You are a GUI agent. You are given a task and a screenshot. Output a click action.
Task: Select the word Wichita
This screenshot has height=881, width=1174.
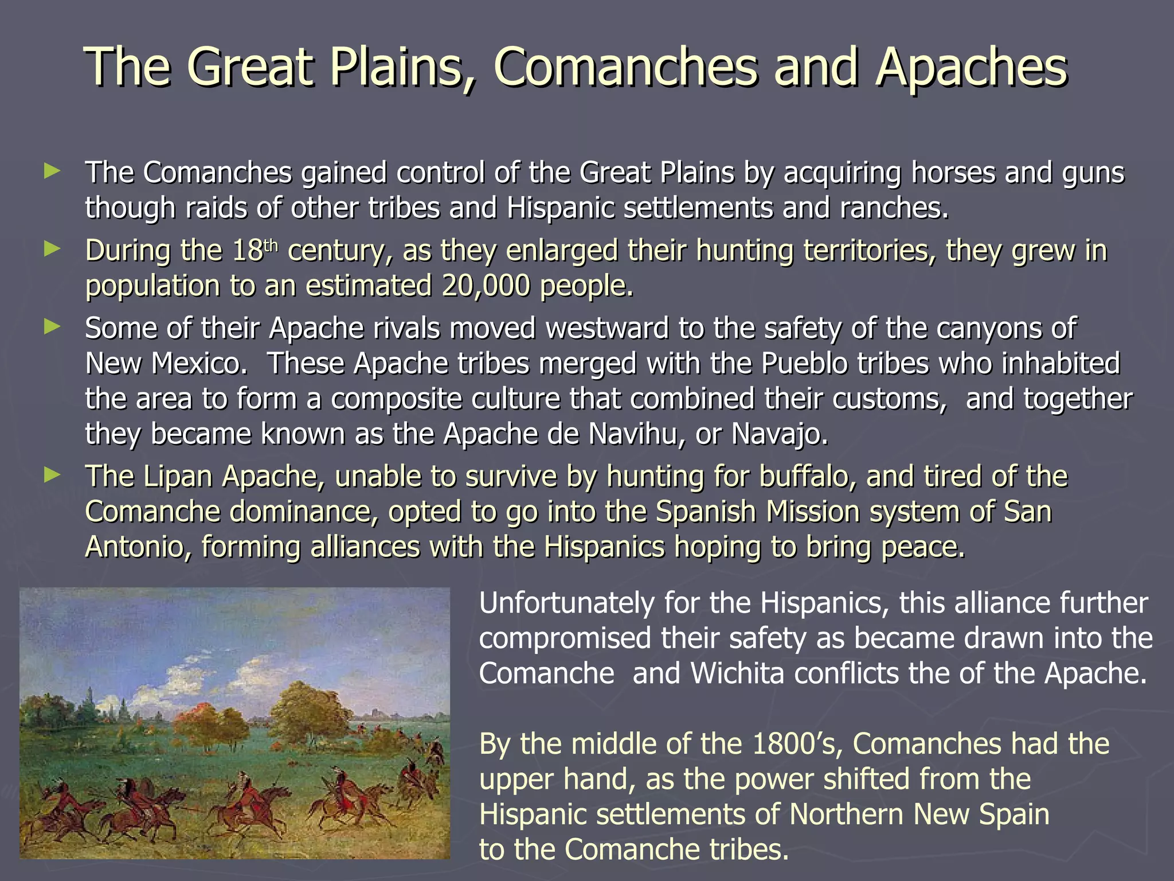pyautogui.click(x=737, y=673)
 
